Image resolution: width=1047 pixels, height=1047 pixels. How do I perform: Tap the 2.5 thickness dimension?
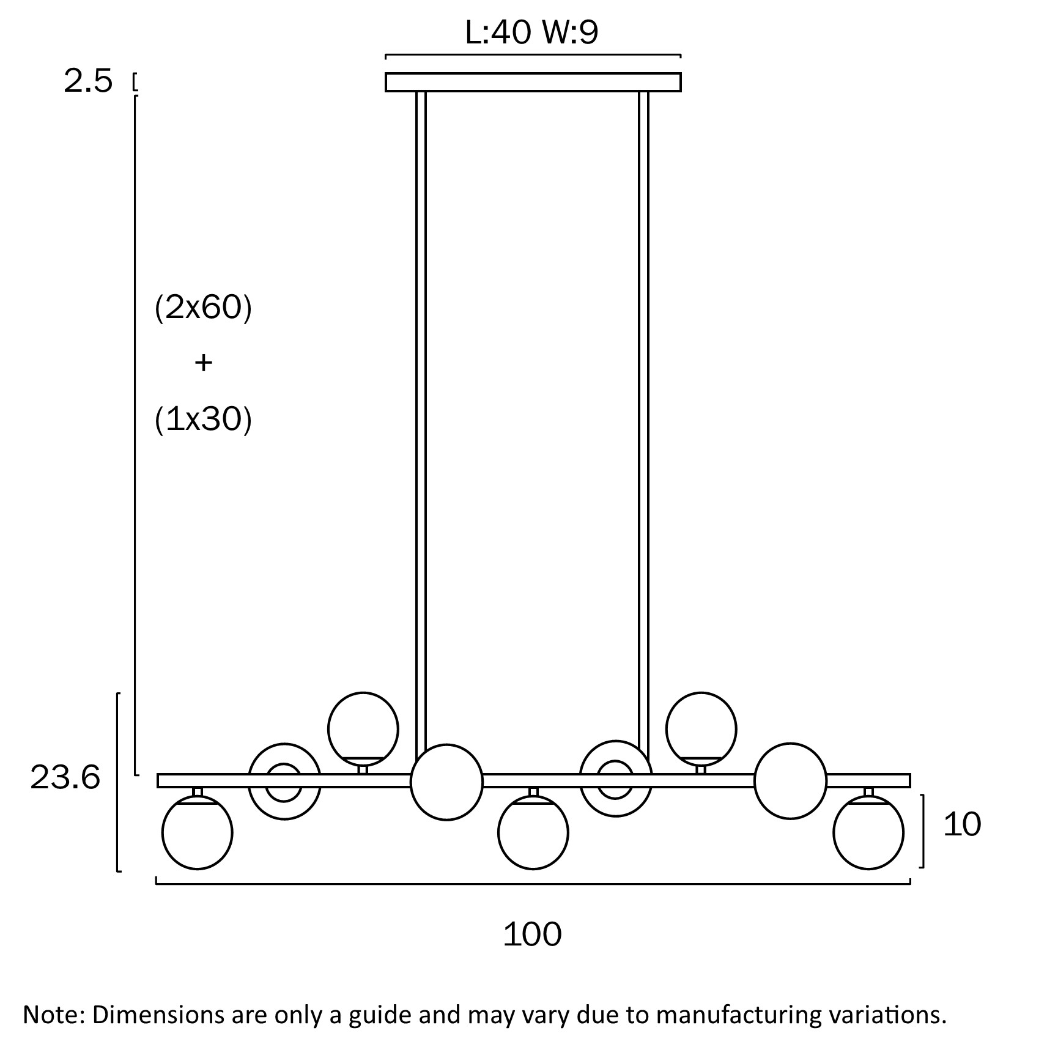coord(88,81)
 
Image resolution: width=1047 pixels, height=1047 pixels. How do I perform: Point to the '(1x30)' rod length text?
coord(203,420)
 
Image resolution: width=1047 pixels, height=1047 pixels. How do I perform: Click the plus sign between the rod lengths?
coord(203,363)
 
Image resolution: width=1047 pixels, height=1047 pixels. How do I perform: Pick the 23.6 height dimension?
coord(65,778)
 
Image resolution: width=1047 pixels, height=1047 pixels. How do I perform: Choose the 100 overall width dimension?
coord(532,934)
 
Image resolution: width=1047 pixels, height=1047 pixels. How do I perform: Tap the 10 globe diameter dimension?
coord(962,824)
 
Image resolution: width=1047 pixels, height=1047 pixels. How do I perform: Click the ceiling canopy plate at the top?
coord(533,82)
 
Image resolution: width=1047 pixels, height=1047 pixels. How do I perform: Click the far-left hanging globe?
coord(197,832)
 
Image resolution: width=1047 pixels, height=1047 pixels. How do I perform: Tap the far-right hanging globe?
coord(868,832)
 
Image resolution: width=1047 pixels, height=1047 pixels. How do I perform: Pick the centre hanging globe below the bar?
coord(533,832)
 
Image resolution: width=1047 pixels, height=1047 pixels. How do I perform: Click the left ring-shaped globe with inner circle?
coord(284,781)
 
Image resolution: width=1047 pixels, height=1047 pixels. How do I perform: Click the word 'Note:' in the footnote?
coord(53,1015)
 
